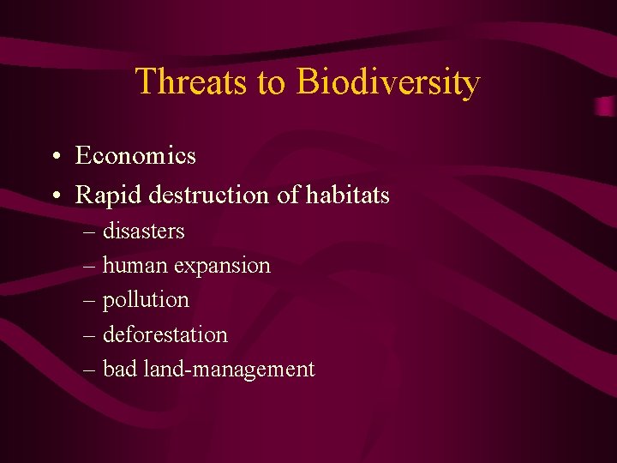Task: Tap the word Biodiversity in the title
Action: click(388, 82)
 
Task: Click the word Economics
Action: click(135, 156)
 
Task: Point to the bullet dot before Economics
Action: click(54, 158)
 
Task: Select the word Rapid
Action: click(109, 195)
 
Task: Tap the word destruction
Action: click(209, 195)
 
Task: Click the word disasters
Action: click(143, 231)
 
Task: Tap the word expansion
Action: click(222, 267)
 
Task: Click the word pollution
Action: click(146, 300)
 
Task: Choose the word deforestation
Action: click(165, 334)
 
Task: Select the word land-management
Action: click(229, 370)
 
